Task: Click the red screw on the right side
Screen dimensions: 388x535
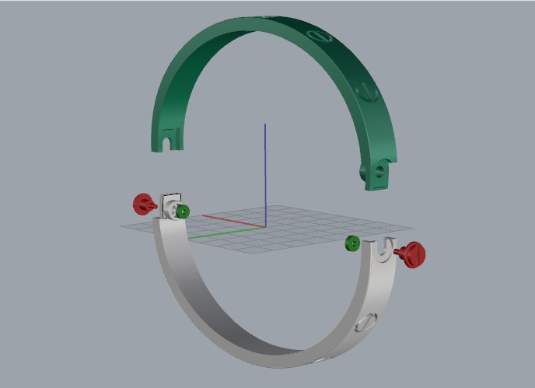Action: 413,253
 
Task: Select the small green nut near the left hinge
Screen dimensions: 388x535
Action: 183,211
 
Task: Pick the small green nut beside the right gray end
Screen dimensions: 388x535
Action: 352,243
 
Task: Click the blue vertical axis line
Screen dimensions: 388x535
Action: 265,171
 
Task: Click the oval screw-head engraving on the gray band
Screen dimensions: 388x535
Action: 364,325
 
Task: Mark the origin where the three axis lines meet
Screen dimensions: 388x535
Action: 265,227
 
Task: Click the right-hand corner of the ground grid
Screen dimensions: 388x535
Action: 412,229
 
